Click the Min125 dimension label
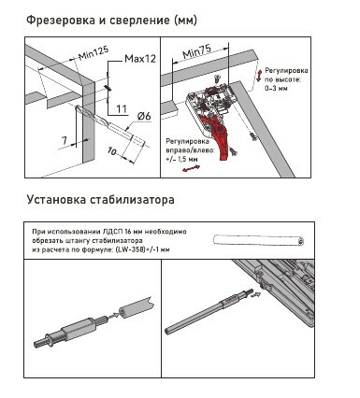point(94,52)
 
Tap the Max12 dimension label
point(140,59)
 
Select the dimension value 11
point(122,109)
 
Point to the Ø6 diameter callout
point(144,117)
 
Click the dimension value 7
point(65,140)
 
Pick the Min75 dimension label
point(197,51)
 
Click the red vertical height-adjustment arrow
point(258,76)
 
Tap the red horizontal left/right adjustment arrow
point(191,168)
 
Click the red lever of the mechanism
point(219,134)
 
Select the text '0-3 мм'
point(276,88)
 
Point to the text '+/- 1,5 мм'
point(181,159)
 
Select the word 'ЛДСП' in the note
point(112,232)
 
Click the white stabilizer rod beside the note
point(259,240)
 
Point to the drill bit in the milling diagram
point(109,125)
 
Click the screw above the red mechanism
point(217,78)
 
